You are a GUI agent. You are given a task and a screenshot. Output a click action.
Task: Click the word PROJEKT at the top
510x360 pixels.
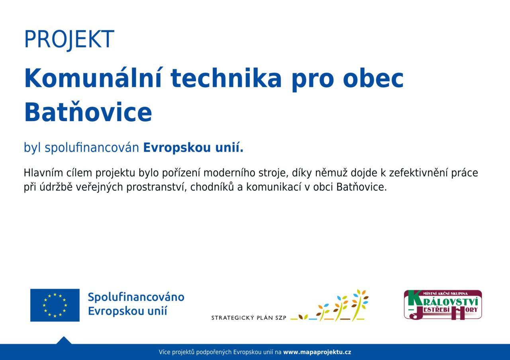pyautogui.click(x=69, y=39)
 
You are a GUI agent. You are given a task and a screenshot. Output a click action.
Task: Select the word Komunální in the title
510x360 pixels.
pyautogui.click(x=93, y=78)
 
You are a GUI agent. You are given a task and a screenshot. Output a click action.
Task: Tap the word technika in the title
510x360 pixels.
pyautogui.click(x=226, y=78)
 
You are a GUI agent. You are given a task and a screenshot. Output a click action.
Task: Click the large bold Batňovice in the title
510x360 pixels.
pyautogui.click(x=88, y=112)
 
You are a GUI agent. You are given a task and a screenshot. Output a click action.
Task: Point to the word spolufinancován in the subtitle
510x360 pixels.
pyautogui.click(x=92, y=148)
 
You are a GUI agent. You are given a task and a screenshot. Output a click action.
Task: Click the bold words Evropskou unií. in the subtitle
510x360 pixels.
pyautogui.click(x=193, y=148)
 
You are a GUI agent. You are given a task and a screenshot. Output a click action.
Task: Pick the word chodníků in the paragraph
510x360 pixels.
pyautogui.click(x=212, y=187)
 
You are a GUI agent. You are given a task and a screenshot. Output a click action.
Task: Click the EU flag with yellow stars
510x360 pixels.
pyautogui.click(x=55, y=305)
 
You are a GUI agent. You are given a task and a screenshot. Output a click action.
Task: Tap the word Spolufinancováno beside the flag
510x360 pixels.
pyautogui.click(x=136, y=297)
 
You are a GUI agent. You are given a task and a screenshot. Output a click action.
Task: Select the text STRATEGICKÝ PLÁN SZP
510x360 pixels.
pyautogui.click(x=249, y=318)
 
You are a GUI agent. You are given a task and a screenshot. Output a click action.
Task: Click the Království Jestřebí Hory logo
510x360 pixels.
pyautogui.click(x=443, y=305)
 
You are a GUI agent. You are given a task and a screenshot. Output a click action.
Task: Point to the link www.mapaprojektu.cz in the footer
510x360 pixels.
pyautogui.click(x=317, y=352)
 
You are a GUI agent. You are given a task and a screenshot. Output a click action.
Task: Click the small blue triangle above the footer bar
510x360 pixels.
pyautogui.click(x=64, y=340)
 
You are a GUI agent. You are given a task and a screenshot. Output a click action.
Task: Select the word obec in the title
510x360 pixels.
pyautogui.click(x=373, y=78)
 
